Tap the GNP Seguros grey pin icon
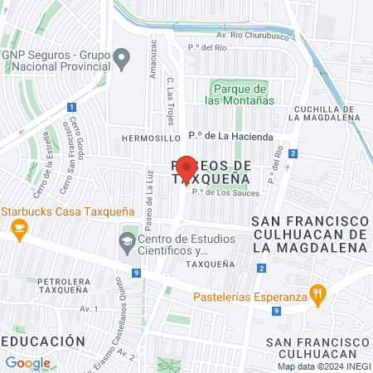coord(122,59)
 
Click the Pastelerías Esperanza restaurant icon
coord(317,293)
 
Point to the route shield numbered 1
coord(72,107)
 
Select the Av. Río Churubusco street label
coord(244,36)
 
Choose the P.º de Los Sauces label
coord(225,193)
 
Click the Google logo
coord(27,362)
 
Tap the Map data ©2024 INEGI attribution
coord(323,366)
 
